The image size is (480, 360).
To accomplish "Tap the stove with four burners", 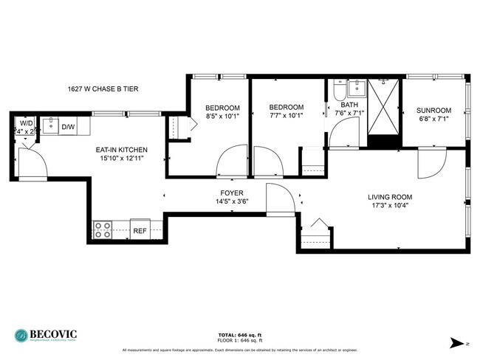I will [x=103, y=230].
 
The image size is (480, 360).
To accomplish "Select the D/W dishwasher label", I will [x=68, y=127].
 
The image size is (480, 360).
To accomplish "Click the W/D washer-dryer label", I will [x=26, y=122].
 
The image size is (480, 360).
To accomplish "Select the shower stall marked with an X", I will [x=383, y=107].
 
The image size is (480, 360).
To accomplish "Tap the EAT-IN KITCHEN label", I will [x=121, y=150].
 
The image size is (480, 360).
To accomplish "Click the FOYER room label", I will [x=232, y=193].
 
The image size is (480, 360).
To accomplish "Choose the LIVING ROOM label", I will [x=390, y=197].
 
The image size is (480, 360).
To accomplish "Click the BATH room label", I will [x=349, y=105].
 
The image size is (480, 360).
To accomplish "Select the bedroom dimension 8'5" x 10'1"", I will [x=222, y=115].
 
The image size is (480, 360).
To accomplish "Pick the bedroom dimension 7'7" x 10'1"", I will [x=286, y=115].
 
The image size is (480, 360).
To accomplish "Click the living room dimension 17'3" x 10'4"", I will [x=390, y=206].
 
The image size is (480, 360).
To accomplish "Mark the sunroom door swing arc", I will [x=430, y=165].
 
